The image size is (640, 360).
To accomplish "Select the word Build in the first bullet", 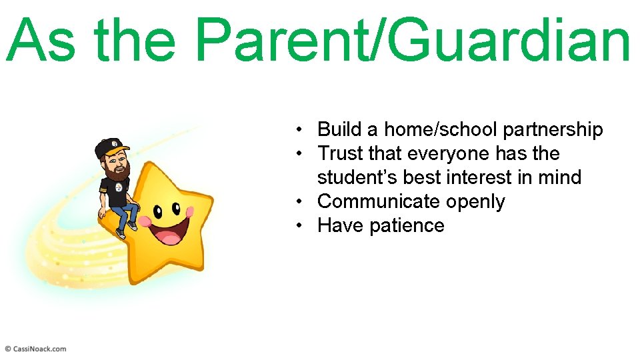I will (x=340, y=129).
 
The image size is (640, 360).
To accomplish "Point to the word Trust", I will (x=340, y=153).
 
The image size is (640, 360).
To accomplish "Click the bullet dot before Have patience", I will (x=302, y=226).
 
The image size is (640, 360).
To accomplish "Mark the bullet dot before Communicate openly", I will (x=302, y=202).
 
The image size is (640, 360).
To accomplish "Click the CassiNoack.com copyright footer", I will (x=36, y=349).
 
